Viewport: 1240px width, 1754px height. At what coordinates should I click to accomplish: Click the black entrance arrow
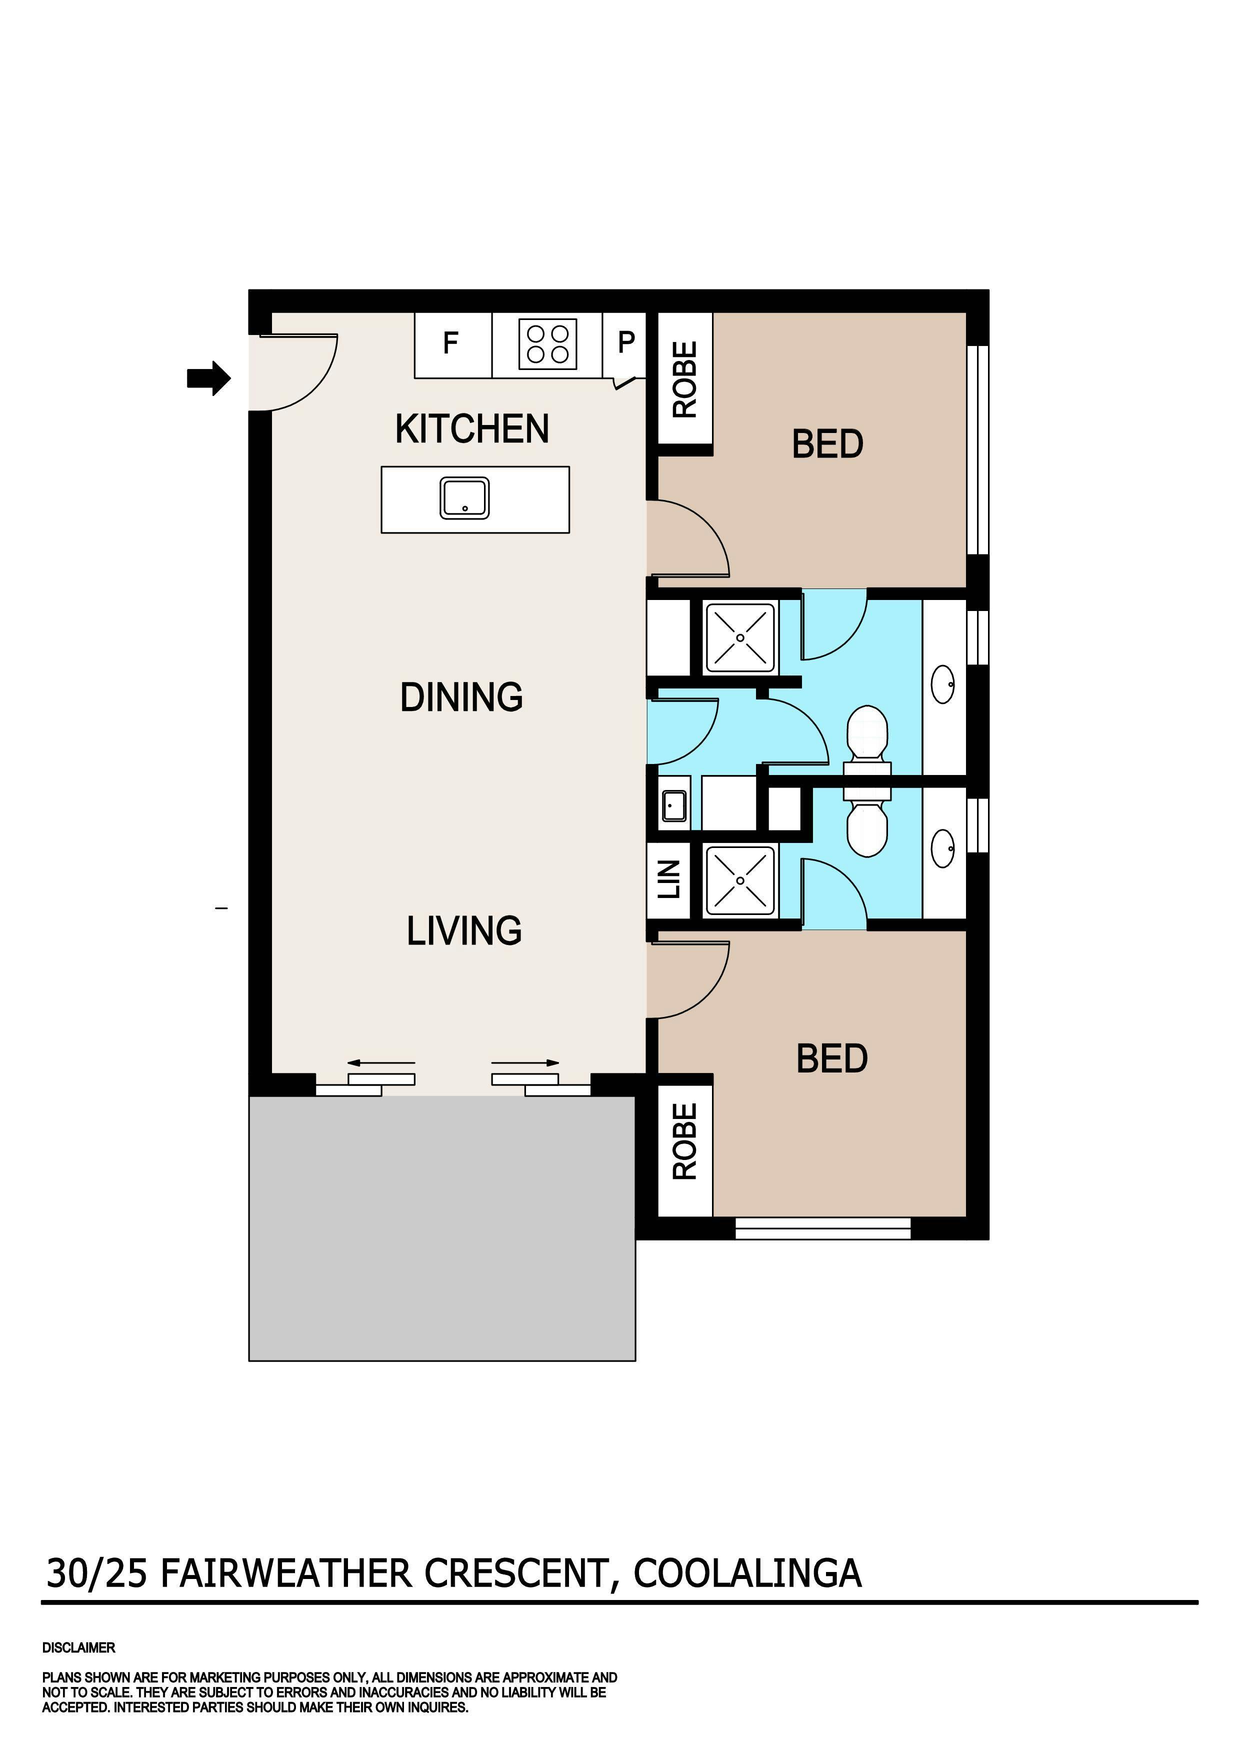(208, 377)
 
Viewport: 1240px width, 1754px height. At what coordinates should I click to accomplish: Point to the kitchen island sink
(464, 498)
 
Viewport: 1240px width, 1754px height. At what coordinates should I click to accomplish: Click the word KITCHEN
(472, 428)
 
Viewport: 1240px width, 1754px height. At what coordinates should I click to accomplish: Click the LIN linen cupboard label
(669, 879)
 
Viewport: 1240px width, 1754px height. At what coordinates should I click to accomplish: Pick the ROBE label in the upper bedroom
(684, 379)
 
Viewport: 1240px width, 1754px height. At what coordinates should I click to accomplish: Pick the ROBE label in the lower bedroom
(684, 1141)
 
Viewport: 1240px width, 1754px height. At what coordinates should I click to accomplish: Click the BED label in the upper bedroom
(827, 444)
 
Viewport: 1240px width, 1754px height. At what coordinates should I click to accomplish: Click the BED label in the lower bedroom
(832, 1059)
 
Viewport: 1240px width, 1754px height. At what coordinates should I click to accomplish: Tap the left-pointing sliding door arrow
(381, 1062)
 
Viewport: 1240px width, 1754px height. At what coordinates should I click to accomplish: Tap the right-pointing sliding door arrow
(525, 1062)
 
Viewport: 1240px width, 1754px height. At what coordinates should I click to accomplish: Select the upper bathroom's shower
(739, 637)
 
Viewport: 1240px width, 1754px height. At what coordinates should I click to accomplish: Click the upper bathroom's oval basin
(943, 684)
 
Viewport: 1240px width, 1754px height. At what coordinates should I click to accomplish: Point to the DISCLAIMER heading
(78, 1648)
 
